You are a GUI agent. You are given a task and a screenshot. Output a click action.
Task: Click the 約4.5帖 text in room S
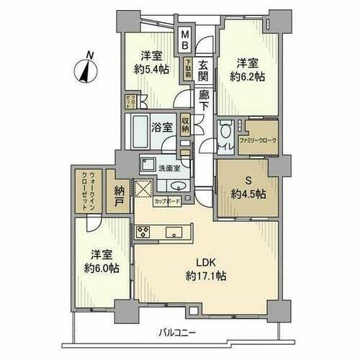(247, 193)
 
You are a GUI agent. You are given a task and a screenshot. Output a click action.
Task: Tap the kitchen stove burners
(142, 232)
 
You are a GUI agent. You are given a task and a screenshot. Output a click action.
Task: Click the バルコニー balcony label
(178, 333)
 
